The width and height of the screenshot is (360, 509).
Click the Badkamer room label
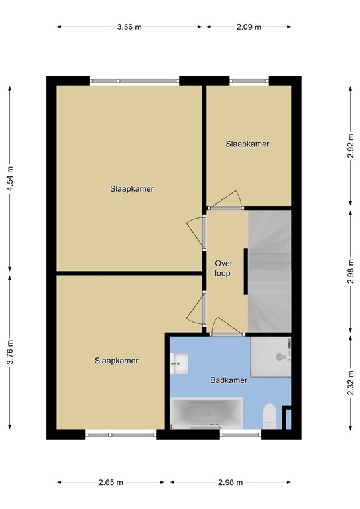point(229,380)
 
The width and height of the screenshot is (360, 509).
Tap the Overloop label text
point(223,268)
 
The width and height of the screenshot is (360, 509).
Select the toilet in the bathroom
point(269,416)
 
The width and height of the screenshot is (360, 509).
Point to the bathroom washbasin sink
point(180,361)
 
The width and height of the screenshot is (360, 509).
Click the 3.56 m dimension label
point(129,27)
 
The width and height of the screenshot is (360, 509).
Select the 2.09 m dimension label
point(249,27)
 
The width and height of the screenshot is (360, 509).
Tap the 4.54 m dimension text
point(10,178)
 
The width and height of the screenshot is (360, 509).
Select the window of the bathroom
point(241,435)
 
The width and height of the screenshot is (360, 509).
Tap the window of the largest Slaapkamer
point(135,81)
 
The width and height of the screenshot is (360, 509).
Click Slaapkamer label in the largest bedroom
point(132,188)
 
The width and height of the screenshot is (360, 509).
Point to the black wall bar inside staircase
point(247,272)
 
